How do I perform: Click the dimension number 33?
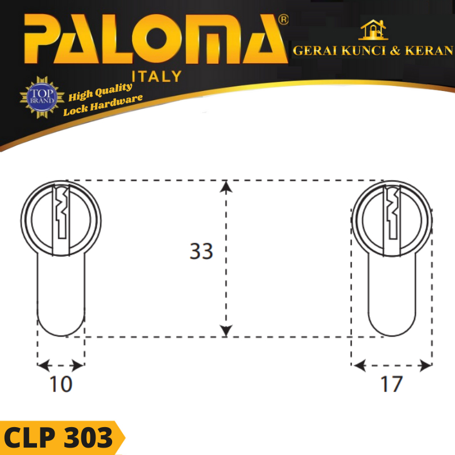click(x=201, y=251)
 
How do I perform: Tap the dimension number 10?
click(x=61, y=384)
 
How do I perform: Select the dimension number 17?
click(x=391, y=384)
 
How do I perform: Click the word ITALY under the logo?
click(x=157, y=77)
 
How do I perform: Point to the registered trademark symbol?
click(x=283, y=19)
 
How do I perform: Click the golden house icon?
click(x=374, y=30)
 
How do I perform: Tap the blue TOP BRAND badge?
click(x=42, y=97)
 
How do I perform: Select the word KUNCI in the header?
click(x=363, y=51)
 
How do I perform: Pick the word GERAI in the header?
click(x=315, y=51)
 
